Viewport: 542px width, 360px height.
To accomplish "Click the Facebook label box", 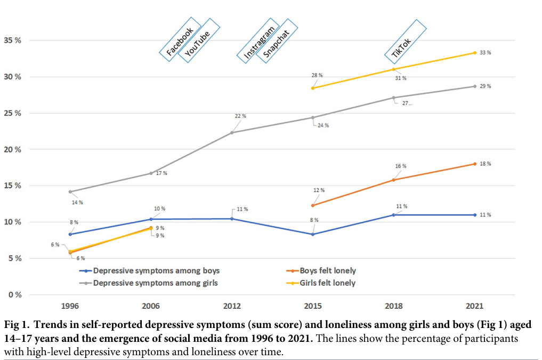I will pyautogui.click(x=180, y=38).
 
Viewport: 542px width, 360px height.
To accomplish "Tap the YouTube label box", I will pyautogui.click(x=198, y=41).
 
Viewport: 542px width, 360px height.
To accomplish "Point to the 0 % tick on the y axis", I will pyautogui.click(x=14, y=294).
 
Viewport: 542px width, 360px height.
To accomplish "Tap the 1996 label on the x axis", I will pyautogui.click(x=71, y=306).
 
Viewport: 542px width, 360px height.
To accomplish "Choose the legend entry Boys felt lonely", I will pyautogui.click(x=327, y=271).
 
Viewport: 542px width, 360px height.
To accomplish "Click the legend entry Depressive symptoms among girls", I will pyautogui.click(x=155, y=283).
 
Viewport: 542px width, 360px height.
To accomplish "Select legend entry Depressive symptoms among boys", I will pyautogui.click(x=156, y=271).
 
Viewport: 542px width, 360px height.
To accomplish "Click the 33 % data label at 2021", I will pyautogui.click(x=484, y=53).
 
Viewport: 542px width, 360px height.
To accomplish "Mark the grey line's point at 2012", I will pyautogui.click(x=232, y=132).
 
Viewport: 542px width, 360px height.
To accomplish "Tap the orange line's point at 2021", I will pyautogui.click(x=474, y=164).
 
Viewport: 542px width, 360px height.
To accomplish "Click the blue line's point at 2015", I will pyautogui.click(x=313, y=234).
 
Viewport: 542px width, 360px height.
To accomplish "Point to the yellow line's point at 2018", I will pyautogui.click(x=393, y=69).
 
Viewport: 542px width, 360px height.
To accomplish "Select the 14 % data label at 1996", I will pyautogui.click(x=77, y=203).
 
